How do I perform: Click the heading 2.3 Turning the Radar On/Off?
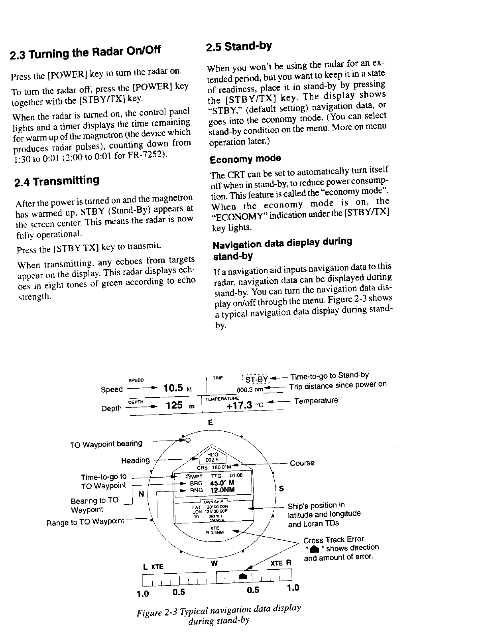pyautogui.click(x=85, y=52)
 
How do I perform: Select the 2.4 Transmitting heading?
pyautogui.click(x=56, y=181)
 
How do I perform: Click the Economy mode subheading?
pyautogui.click(x=245, y=159)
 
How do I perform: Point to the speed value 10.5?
pyautogui.click(x=173, y=388)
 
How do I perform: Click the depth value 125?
pyautogui.click(x=174, y=406)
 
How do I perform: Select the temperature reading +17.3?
pyautogui.click(x=239, y=405)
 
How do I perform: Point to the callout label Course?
pyautogui.click(x=302, y=463)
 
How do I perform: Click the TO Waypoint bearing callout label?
pyautogui.click(x=106, y=444)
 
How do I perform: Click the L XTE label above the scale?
pyautogui.click(x=153, y=566)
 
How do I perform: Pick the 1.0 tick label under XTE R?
pyautogui.click(x=293, y=588)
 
